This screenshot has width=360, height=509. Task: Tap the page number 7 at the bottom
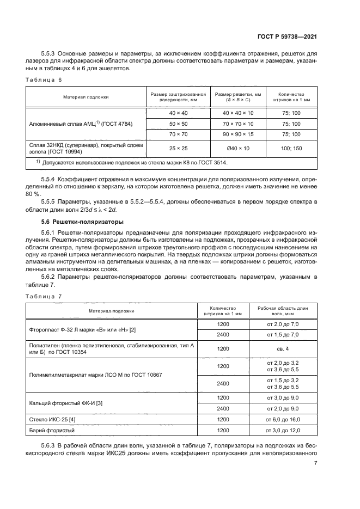pyautogui.click(x=316, y=463)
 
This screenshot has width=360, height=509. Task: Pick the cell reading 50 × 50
pyautogui.click(x=178, y=124)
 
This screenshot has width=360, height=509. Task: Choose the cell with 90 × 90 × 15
pyautogui.click(x=237, y=134)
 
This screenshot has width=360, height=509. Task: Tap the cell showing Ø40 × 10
pyautogui.click(x=237, y=148)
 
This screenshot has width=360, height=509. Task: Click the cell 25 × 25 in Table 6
pyautogui.click(x=178, y=148)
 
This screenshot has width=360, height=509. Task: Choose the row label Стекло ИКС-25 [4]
pyautogui.click(x=53, y=420)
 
